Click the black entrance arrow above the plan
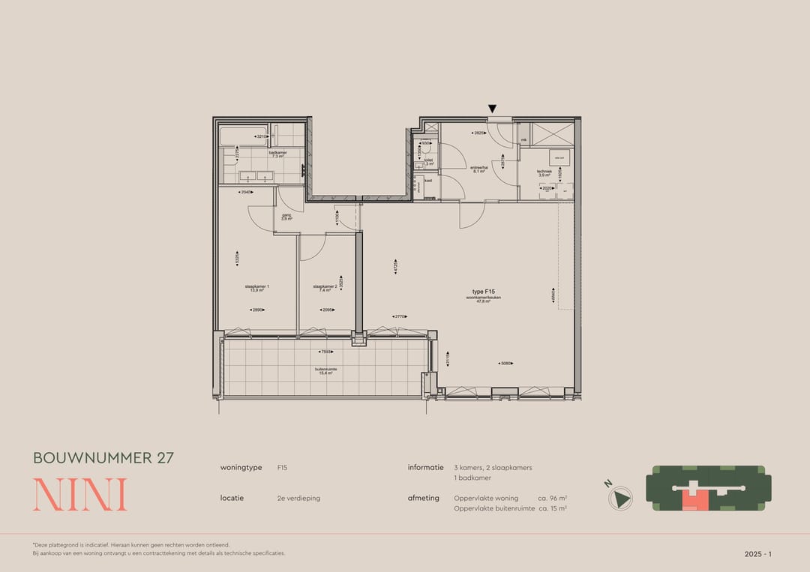point(493,110)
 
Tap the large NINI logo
point(79,495)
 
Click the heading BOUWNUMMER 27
point(103,457)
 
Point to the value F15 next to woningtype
point(282,468)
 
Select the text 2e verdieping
point(298,498)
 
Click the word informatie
point(425,467)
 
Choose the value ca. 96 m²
point(552,498)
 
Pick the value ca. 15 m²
point(552,508)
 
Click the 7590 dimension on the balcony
point(325,352)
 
